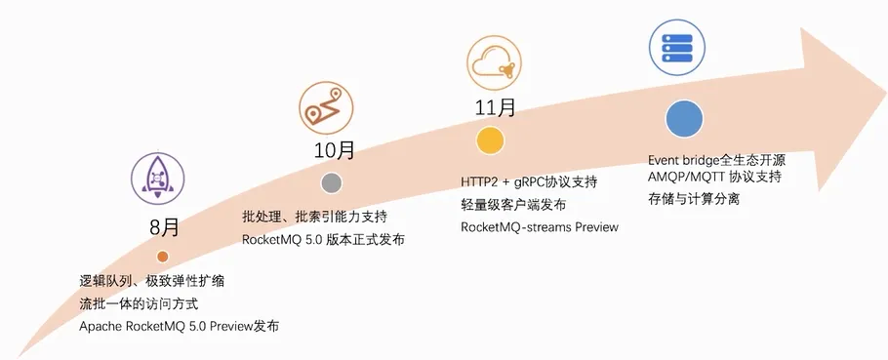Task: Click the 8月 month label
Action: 164,228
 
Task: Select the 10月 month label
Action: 333,151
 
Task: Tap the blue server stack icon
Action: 677,45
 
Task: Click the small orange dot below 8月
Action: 162,257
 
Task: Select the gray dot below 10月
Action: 332,182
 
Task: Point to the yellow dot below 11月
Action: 490,140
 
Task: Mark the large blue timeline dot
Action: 685,119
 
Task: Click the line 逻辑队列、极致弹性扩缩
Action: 152,282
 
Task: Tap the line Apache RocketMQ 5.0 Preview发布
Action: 180,327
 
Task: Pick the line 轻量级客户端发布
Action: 513,205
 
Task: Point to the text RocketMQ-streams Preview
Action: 540,227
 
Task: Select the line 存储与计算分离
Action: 694,200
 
